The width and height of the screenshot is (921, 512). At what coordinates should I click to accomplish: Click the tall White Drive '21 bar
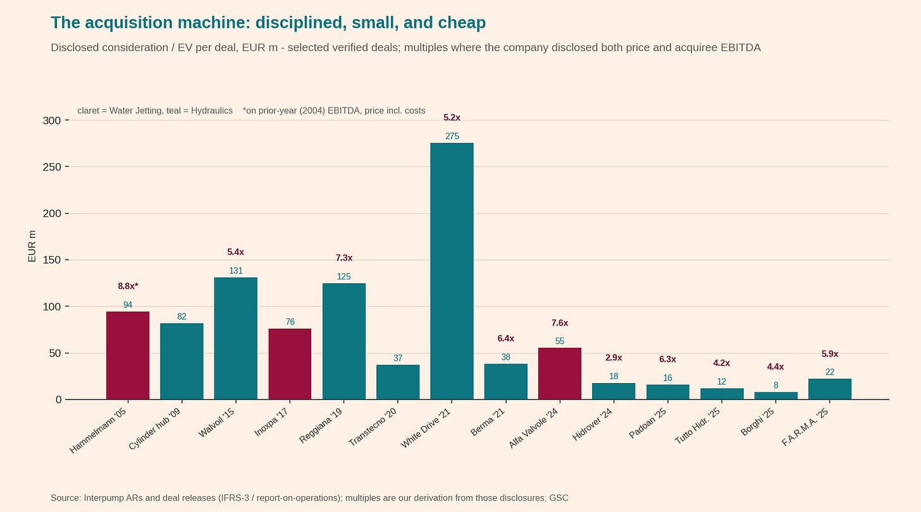click(452, 271)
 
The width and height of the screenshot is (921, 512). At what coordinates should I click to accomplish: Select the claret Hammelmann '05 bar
click(128, 355)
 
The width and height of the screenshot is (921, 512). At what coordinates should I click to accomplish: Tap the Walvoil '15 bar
click(235, 338)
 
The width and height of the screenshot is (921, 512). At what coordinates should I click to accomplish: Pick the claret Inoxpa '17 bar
click(290, 364)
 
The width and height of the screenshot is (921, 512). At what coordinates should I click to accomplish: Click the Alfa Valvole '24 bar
click(560, 374)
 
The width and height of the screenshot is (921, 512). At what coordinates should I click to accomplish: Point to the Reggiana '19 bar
click(343, 341)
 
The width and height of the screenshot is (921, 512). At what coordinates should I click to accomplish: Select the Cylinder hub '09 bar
click(182, 361)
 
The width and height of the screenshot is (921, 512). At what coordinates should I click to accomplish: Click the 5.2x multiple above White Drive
click(452, 118)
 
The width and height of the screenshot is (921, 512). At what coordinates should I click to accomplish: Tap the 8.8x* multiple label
click(128, 286)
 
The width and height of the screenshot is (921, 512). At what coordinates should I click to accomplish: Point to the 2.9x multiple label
click(614, 358)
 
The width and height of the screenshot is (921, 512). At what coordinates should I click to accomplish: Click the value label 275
click(452, 136)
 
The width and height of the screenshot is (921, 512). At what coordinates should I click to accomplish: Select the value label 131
click(235, 271)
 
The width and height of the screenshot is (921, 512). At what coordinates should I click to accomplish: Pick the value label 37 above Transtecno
click(398, 358)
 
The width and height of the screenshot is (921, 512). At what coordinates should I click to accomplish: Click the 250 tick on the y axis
click(52, 167)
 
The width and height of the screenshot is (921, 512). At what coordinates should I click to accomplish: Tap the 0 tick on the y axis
click(58, 399)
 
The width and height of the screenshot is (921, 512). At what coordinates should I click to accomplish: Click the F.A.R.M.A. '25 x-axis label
click(805, 427)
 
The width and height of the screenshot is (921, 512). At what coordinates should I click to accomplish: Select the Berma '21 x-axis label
click(487, 422)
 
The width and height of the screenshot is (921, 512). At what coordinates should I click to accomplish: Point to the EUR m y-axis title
click(32, 246)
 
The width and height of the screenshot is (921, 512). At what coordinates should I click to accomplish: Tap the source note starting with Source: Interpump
click(309, 497)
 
